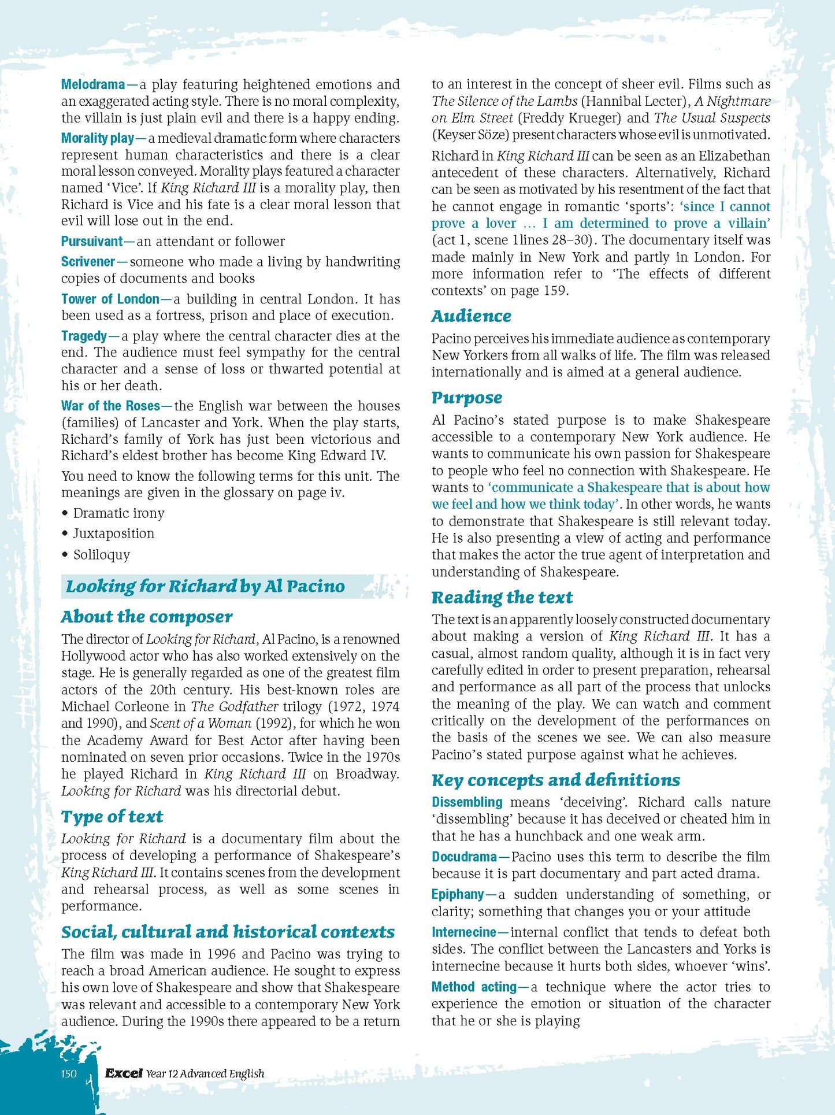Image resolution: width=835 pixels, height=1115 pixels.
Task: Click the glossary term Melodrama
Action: point(92,85)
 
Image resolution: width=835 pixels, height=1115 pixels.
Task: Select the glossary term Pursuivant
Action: point(92,242)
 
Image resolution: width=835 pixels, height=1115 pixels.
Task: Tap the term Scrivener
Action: point(88,262)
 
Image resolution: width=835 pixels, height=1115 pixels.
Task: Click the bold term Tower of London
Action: point(110,299)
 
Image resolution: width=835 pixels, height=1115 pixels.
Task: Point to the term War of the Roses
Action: point(110,406)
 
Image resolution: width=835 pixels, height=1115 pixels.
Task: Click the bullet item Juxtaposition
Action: point(113,534)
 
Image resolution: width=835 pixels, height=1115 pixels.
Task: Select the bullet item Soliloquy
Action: point(101,555)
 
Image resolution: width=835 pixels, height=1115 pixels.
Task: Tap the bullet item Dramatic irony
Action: point(118,513)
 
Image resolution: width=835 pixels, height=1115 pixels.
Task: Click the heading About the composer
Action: point(147,617)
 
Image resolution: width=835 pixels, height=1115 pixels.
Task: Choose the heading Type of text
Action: point(112,817)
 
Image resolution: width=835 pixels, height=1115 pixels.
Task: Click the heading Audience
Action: point(471,316)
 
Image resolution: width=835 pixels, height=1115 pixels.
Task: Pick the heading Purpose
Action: point(466,398)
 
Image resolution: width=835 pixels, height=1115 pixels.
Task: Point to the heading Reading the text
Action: point(502,597)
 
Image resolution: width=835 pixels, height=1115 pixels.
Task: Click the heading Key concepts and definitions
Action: point(555,780)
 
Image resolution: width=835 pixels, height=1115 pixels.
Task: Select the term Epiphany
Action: point(457,895)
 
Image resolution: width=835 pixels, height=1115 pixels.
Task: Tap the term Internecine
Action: point(463,932)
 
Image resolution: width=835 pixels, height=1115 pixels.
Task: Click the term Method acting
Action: point(474,987)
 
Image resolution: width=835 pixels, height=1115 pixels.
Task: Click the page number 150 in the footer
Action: point(69,1073)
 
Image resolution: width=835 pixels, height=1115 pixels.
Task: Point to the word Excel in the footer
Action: point(124,1073)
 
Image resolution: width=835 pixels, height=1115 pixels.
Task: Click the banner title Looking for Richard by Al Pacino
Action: point(205,587)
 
